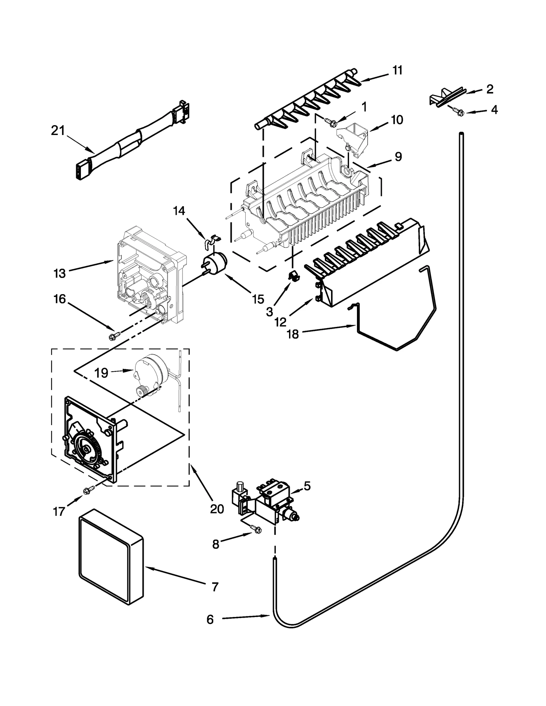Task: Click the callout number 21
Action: (58, 131)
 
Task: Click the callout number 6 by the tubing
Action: (210, 619)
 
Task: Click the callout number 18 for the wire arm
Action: (293, 334)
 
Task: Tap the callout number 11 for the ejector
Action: (397, 70)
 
